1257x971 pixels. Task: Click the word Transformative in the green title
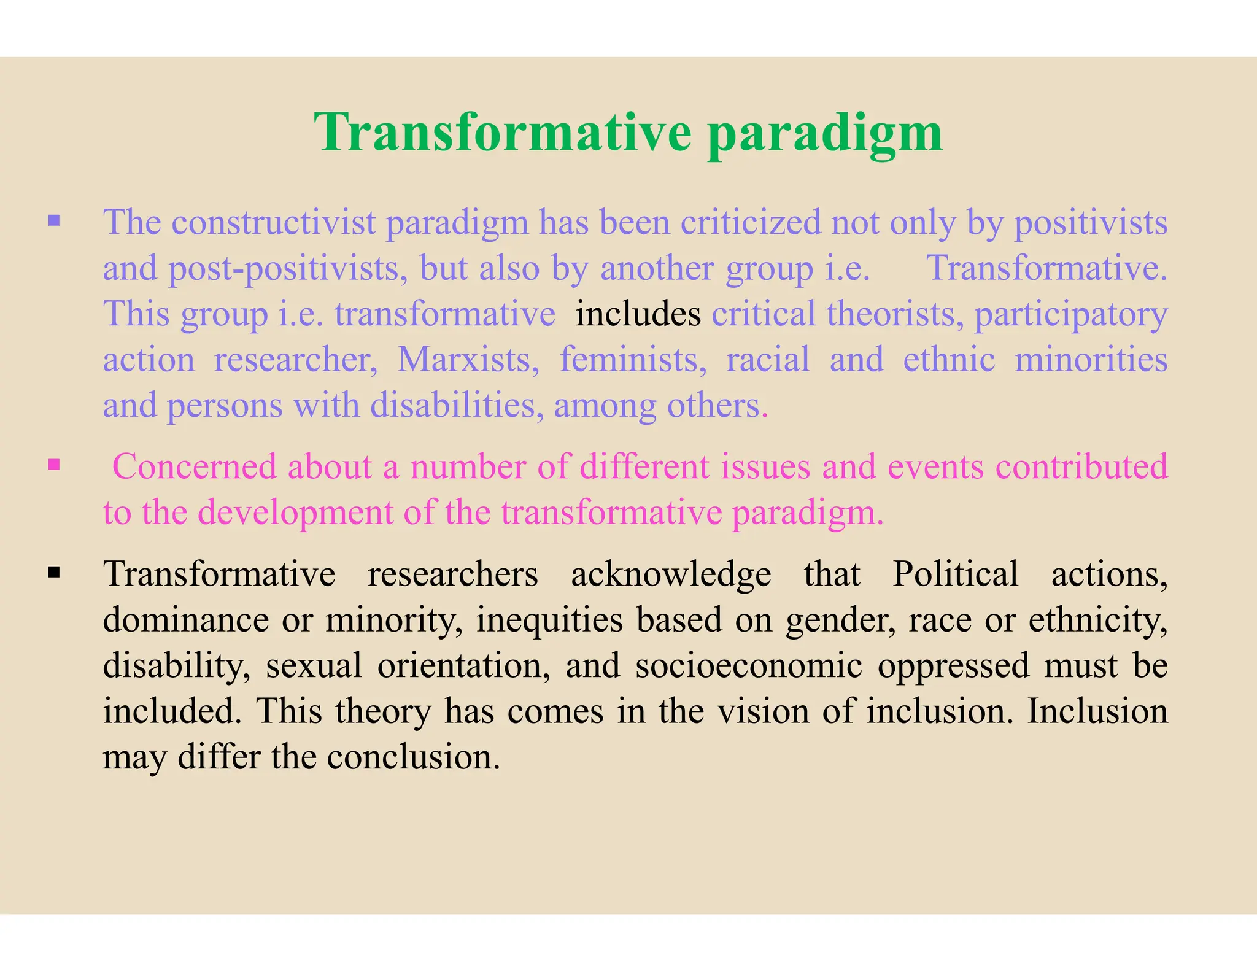coord(503,132)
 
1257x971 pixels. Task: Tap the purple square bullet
coord(54,220)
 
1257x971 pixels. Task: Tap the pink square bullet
coord(54,465)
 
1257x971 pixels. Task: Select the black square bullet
coord(54,573)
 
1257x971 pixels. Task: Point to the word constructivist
coord(273,222)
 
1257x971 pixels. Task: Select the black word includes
coord(638,314)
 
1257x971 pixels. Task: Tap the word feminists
coord(633,360)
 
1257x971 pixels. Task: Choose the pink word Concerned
coord(195,467)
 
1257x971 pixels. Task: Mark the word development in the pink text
coord(296,513)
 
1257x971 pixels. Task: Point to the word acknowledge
coord(671,574)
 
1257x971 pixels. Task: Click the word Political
coord(955,574)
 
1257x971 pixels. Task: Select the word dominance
coord(185,620)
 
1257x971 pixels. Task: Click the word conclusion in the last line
coord(413,757)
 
